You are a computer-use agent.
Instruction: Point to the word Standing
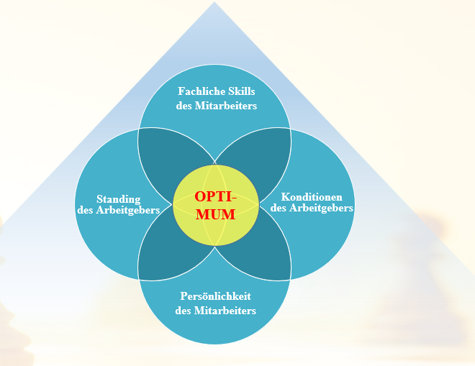coord(119,198)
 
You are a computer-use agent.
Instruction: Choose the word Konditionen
coord(312,197)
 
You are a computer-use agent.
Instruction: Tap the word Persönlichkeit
coord(216,296)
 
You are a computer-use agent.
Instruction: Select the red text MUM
coord(215,214)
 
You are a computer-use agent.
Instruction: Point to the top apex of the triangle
coord(214,3)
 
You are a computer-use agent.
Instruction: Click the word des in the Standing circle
coord(86,209)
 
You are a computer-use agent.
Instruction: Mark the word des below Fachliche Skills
coord(184,105)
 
